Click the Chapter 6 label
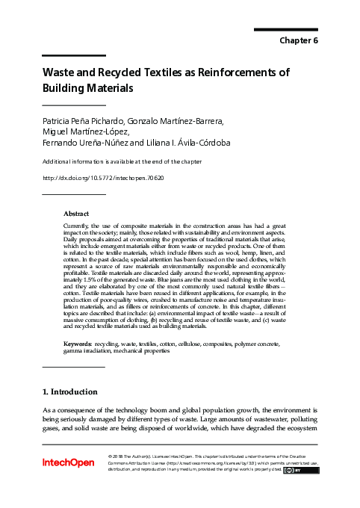299,40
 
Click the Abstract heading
77,213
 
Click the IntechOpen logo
68,463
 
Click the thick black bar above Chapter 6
286,30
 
